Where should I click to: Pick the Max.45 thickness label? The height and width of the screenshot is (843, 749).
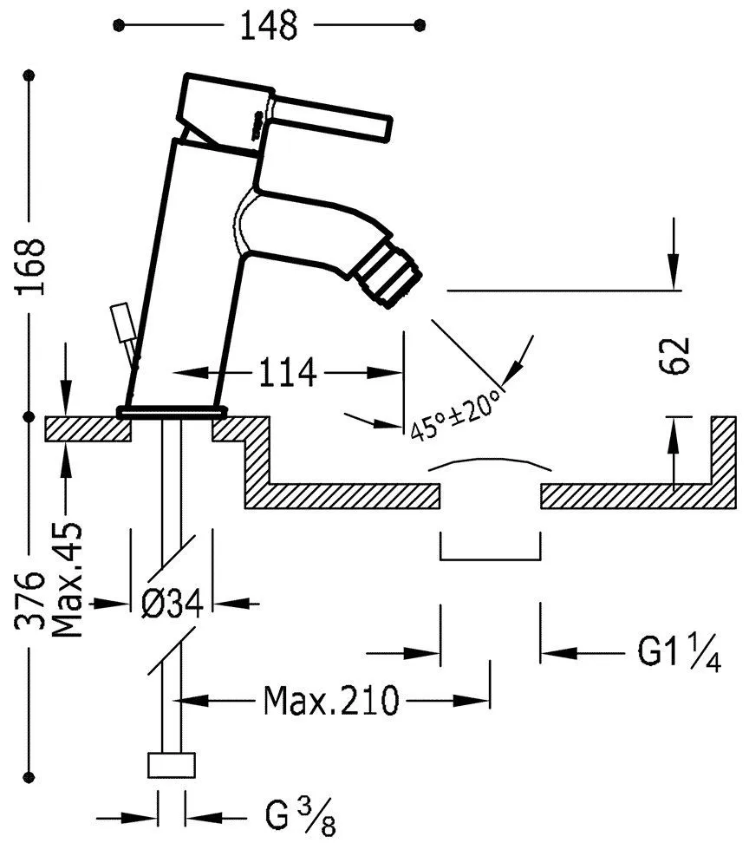(68, 578)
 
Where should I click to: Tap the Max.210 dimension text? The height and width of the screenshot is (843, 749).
(331, 698)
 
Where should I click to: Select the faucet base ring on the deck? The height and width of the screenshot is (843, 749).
(172, 411)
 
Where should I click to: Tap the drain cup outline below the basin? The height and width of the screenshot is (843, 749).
(491, 551)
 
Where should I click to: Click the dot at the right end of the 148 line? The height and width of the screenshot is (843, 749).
(421, 26)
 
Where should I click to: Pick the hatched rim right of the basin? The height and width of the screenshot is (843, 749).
(723, 460)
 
